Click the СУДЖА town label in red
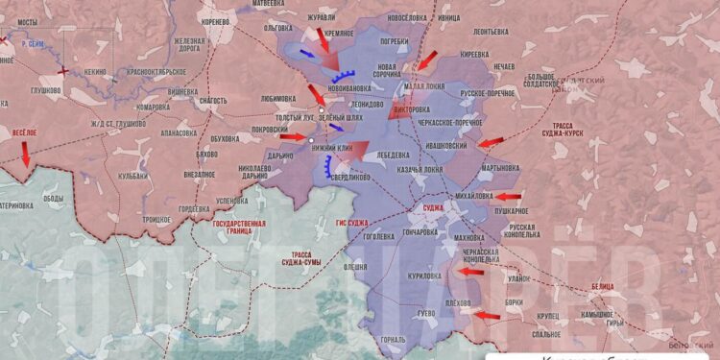pyautogui.click(x=433, y=207)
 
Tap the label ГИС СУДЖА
pyautogui.click(x=352, y=223)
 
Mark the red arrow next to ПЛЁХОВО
pyautogui.click(x=488, y=314)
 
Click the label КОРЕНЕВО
pyautogui.click(x=216, y=20)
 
